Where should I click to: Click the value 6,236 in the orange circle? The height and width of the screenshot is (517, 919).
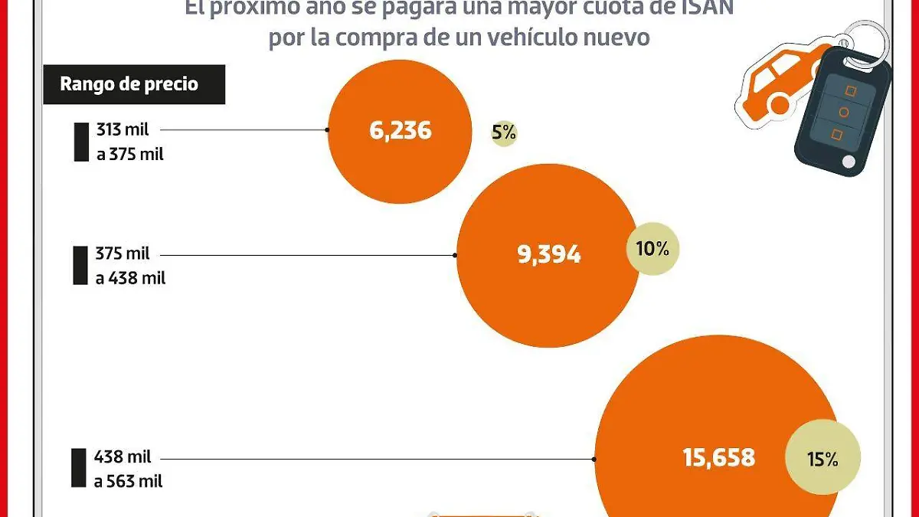click(x=400, y=131)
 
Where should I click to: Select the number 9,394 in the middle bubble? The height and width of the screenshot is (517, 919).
click(x=549, y=255)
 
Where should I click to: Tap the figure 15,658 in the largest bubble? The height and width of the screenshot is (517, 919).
click(x=718, y=458)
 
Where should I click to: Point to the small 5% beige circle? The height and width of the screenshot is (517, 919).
click(x=504, y=133)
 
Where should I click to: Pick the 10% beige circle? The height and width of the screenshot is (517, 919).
click(x=652, y=249)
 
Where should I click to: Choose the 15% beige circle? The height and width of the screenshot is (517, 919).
click(x=823, y=460)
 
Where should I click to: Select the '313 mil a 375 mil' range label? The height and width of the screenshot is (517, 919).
click(x=129, y=142)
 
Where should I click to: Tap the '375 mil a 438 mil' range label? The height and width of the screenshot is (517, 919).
click(x=130, y=266)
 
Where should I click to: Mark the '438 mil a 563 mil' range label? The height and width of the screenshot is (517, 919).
click(x=128, y=469)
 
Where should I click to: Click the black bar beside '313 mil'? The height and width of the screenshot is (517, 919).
click(x=81, y=142)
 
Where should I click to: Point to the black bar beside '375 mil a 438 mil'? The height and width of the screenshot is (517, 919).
click(x=80, y=266)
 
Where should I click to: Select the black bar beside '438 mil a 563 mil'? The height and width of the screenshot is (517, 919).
click(x=79, y=468)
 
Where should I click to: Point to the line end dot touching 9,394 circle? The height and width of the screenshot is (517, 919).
click(x=456, y=255)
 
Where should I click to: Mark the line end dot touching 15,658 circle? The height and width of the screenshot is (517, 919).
click(x=595, y=459)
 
